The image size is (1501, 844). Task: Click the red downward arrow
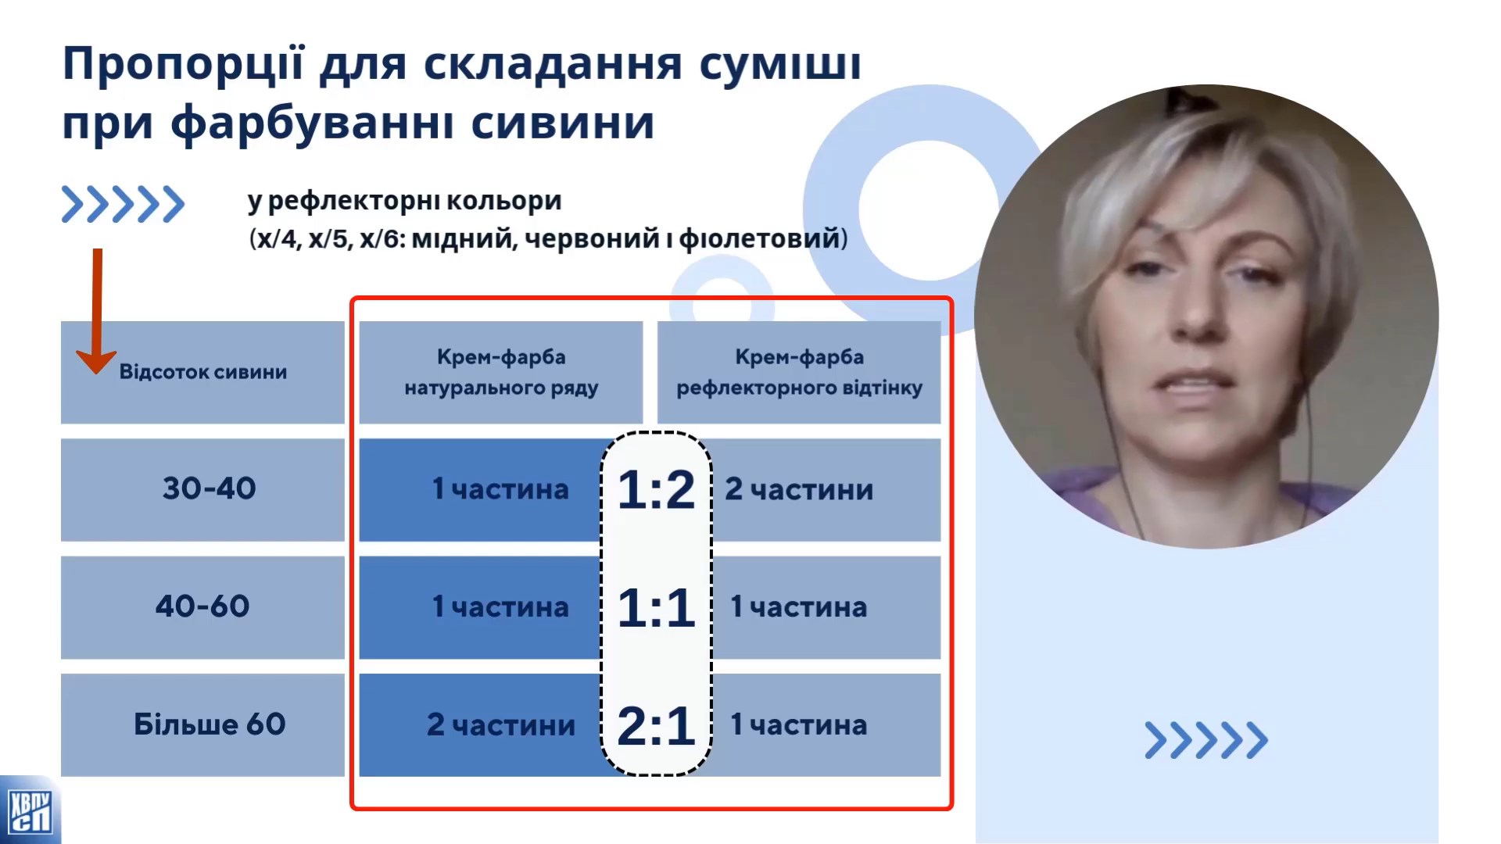tap(97, 312)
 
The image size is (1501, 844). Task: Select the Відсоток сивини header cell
tap(202, 372)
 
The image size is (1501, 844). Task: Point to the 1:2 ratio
tap(656, 490)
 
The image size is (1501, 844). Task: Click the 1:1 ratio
tap(656, 608)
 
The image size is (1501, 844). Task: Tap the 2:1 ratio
tap(656, 726)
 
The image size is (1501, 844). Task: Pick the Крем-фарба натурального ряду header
tap(501, 372)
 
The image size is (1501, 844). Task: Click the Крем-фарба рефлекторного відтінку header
tap(799, 372)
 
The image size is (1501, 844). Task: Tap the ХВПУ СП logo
tap(30, 810)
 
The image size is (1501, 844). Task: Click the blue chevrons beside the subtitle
tap(123, 205)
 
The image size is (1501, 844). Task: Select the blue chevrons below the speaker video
tap(1206, 740)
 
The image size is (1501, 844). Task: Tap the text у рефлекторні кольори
tap(405, 202)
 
